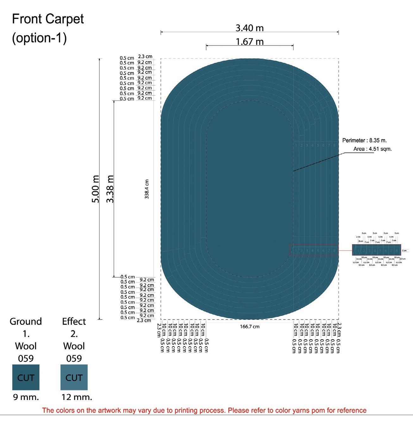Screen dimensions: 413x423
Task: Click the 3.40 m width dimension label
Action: tap(249, 28)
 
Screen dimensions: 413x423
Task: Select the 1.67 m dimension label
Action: tap(249, 42)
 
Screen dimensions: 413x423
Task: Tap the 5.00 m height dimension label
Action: tap(96, 189)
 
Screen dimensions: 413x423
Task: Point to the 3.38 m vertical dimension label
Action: tap(110, 189)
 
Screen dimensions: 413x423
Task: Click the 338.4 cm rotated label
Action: tap(147, 189)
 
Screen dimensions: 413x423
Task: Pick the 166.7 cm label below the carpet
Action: tap(249, 327)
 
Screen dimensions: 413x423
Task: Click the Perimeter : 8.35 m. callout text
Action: tap(364, 141)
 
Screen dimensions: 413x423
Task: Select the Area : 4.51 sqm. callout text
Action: tap(372, 149)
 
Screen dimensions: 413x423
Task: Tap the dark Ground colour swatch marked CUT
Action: tap(26, 377)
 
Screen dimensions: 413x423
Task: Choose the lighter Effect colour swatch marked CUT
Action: tap(74, 377)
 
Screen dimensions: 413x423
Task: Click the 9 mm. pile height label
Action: tap(26, 397)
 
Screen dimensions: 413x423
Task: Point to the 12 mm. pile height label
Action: tap(77, 397)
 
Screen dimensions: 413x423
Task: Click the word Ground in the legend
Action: tap(26, 321)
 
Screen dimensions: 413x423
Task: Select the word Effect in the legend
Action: tap(74, 321)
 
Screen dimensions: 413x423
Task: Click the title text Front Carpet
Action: tap(48, 19)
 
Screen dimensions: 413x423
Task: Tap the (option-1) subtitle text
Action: tap(39, 38)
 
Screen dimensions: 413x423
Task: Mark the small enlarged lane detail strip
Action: tap(376, 251)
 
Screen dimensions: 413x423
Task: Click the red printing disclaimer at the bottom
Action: tap(204, 410)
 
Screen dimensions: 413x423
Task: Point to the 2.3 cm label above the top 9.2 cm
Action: tap(145, 57)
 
